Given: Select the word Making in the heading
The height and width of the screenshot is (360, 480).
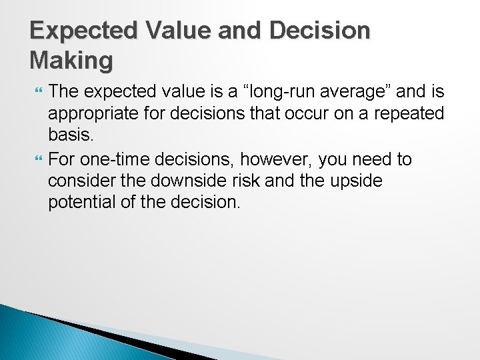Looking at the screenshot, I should (x=71, y=61).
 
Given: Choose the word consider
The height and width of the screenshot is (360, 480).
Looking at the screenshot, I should (x=81, y=181).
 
